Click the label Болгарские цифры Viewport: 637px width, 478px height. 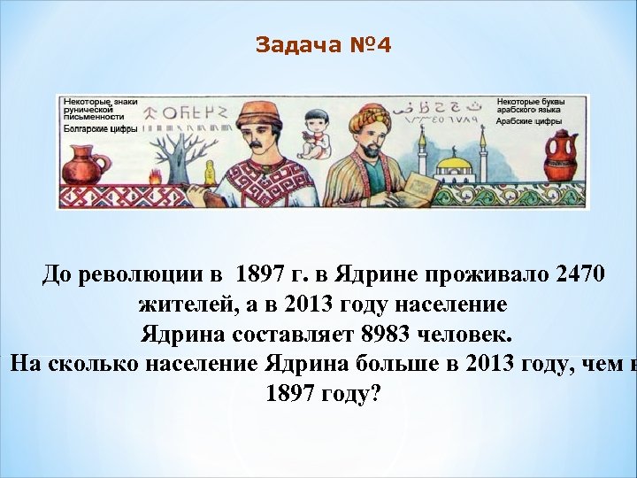click(98, 128)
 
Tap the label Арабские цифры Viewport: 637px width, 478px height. click(526, 121)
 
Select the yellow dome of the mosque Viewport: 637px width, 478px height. click(452, 163)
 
